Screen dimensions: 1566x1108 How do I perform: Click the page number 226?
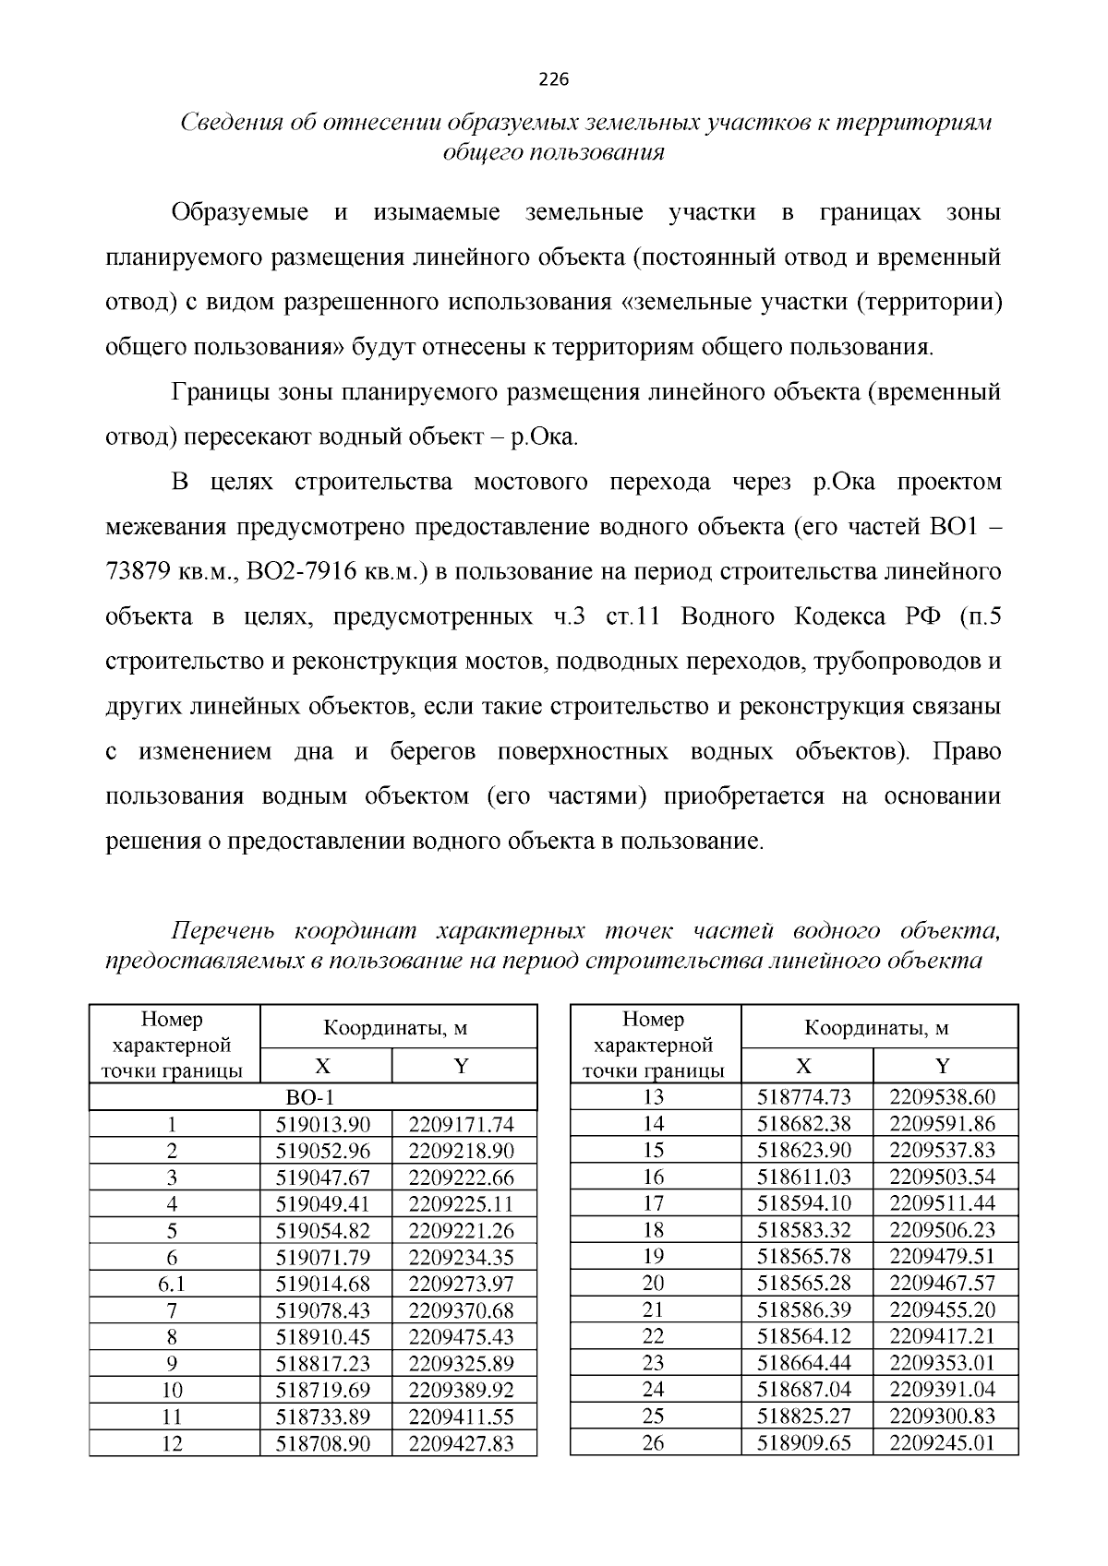553,79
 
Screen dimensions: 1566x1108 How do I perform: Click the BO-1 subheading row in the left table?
313,1096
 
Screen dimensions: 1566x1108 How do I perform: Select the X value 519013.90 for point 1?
323,1123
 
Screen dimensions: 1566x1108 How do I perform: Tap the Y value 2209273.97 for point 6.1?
461,1284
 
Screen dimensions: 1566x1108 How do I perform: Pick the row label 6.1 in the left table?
172,1284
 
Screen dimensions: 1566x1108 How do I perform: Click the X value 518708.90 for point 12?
323,1443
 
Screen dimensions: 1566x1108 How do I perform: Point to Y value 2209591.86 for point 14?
942,1123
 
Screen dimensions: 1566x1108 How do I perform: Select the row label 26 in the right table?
653,1443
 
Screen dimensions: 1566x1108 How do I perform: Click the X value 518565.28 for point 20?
804,1283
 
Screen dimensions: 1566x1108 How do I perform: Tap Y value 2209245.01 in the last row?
942,1443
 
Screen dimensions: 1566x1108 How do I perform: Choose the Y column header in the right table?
943,1067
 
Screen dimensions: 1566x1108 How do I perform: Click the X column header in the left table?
323,1067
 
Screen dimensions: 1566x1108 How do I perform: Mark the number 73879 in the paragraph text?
138,571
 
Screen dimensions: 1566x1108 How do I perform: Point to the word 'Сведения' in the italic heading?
228,122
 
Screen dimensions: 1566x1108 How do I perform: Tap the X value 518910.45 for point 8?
323,1336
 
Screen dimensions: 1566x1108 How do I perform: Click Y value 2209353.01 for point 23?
942,1363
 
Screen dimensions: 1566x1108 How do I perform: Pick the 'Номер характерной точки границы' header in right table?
653,1045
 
